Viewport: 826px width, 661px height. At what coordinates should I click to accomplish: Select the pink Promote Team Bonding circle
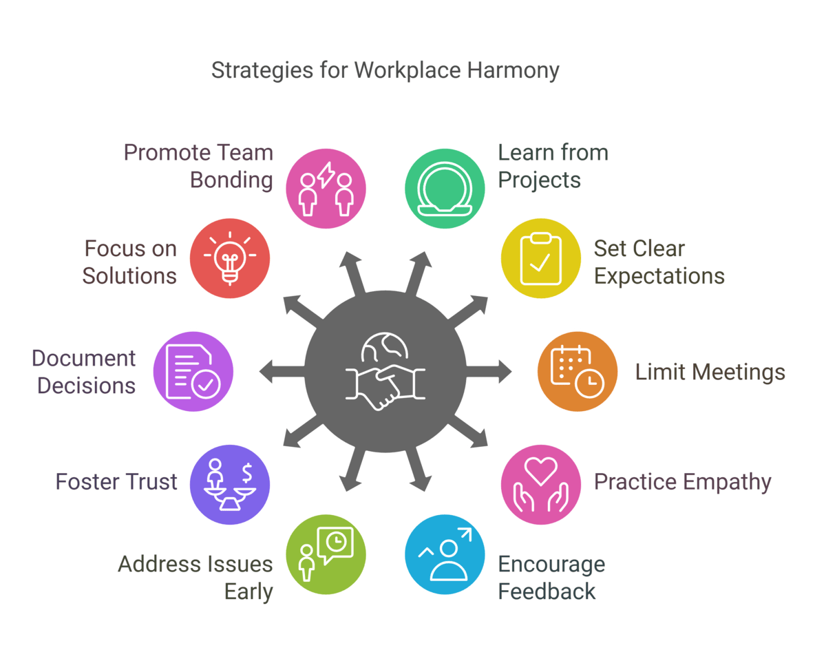point(326,187)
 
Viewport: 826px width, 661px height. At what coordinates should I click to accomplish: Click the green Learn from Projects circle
point(444,187)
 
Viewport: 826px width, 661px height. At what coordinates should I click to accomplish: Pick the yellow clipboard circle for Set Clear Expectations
point(540,260)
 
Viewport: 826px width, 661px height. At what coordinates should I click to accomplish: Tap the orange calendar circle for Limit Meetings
point(578,372)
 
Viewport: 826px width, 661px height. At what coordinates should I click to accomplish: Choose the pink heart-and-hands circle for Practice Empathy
point(540,484)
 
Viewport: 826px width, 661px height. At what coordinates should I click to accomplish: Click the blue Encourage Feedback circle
point(444,554)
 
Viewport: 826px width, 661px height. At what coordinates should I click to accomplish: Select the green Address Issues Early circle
point(326,554)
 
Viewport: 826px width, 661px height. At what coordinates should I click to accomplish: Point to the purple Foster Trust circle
point(230,484)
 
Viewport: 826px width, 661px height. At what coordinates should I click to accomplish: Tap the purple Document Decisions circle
point(193,372)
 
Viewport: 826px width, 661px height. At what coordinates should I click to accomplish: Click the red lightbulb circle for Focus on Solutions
point(230,260)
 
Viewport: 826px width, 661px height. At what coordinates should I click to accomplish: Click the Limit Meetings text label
point(710,373)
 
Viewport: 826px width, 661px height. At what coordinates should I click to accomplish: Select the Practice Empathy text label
point(682,482)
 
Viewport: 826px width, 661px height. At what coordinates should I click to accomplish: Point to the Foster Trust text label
point(116,482)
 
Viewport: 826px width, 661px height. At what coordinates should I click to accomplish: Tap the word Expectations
point(659,276)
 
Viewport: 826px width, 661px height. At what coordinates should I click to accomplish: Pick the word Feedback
point(547,591)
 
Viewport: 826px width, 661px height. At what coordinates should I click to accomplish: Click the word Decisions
point(86,386)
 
